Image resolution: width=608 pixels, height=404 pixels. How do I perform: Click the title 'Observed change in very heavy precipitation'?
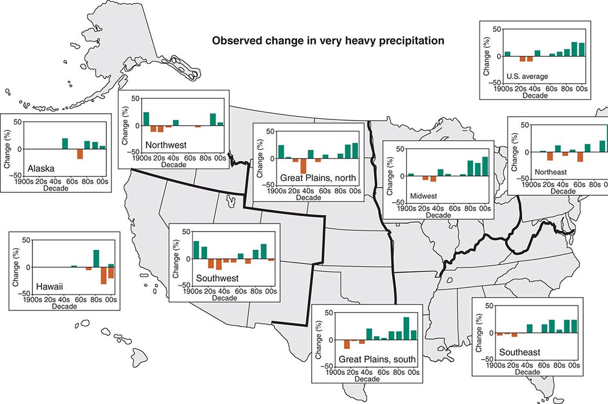pyautogui.click(x=328, y=41)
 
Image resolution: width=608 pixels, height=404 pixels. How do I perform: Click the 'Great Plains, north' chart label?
pyautogui.click(x=319, y=178)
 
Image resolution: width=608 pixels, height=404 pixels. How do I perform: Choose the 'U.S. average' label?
pyautogui.click(x=527, y=76)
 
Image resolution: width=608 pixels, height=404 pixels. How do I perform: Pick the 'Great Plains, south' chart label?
pyautogui.click(x=377, y=359)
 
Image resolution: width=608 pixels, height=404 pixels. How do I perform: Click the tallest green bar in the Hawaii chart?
pyautogui.click(x=96, y=258)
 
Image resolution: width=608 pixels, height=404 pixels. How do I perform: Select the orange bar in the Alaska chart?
pyautogui.click(x=80, y=154)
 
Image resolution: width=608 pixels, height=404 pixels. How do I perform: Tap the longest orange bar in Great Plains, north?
pyautogui.click(x=303, y=165)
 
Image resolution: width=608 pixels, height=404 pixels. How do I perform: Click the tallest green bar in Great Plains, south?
pyautogui.click(x=406, y=328)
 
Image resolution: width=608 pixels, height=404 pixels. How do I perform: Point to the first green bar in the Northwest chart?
pyautogui.click(x=146, y=118)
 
